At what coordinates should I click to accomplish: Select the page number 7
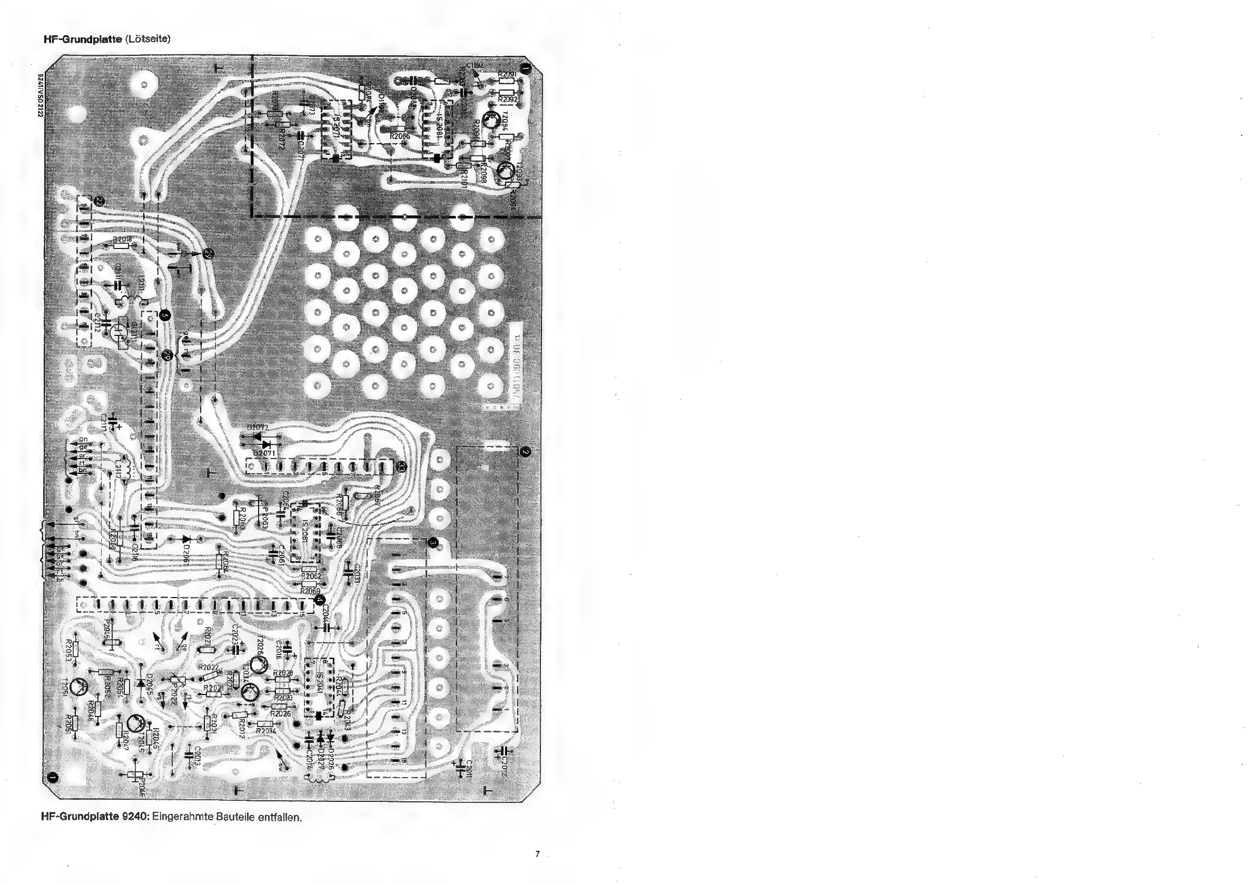coord(537,854)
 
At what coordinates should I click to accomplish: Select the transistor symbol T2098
coord(505,171)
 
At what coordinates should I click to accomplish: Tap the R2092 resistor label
coord(508,100)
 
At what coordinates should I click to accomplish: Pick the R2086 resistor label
coord(400,136)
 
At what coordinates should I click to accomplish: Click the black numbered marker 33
coord(401,468)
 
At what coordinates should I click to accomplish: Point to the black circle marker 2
coord(525,452)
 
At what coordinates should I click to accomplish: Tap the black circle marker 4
coord(320,600)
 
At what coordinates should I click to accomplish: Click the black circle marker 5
coord(165,314)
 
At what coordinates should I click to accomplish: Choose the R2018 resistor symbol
coord(121,246)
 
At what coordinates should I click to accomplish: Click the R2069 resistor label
coord(310,591)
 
